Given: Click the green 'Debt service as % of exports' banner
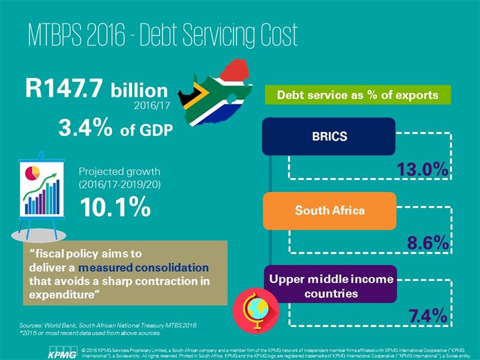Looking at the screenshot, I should tap(358, 94).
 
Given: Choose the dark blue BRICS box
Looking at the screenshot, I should tap(329, 136).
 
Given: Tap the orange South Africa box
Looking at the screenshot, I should tap(329, 211).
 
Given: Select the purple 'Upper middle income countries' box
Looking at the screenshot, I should tap(330, 286).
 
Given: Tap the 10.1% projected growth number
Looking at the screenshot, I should tap(115, 208).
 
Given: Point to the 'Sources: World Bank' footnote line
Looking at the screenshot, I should tap(108, 325).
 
